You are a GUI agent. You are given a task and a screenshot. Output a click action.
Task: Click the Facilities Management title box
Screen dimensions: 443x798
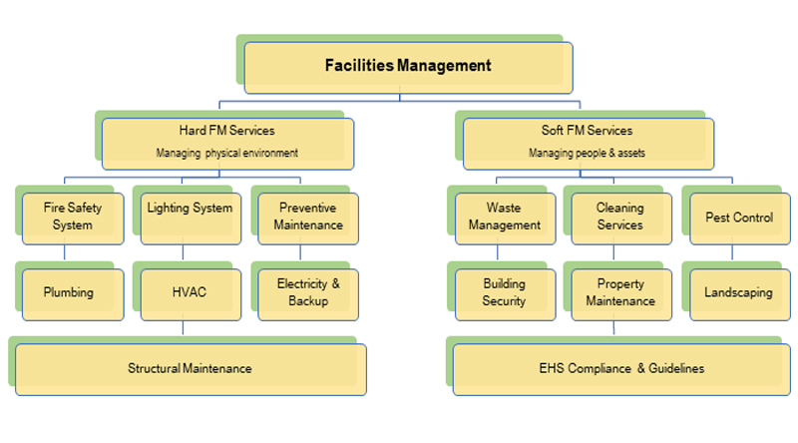point(408,67)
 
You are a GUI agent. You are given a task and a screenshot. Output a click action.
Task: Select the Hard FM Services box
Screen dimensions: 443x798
point(227,142)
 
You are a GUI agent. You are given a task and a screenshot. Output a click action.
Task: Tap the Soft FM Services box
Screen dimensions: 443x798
point(588,142)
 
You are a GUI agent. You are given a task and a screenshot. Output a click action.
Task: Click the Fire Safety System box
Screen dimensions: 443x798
point(73,218)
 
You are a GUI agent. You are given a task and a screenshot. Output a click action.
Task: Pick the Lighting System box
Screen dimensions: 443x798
point(190,218)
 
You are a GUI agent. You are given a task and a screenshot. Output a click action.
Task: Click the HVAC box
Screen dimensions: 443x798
point(190,293)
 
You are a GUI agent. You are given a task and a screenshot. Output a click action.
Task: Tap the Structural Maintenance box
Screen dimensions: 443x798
point(190,369)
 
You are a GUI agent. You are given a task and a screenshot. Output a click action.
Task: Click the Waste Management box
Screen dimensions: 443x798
point(505,218)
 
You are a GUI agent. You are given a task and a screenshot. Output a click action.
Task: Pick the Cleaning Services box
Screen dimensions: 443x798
point(620,218)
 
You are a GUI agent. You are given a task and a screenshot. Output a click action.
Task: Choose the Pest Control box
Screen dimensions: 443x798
point(739,218)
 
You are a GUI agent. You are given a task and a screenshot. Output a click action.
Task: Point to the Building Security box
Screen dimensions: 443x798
point(505,293)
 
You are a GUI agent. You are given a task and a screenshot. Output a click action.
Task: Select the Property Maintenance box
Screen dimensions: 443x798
point(620,293)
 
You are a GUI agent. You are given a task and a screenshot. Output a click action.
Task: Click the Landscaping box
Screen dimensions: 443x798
point(739,293)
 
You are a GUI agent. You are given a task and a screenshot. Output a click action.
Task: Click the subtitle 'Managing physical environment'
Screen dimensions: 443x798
point(227,154)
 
